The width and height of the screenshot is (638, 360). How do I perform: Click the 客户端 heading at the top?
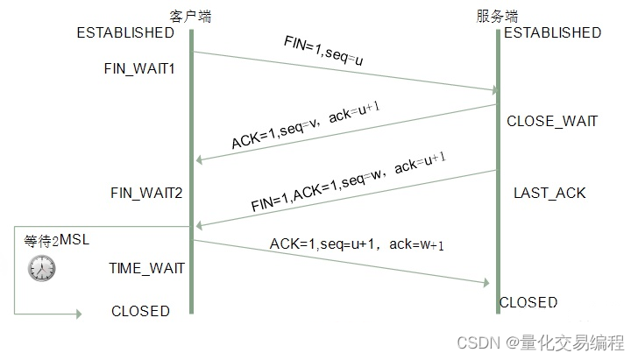tap(190, 16)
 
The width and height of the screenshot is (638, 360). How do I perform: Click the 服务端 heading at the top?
tap(497, 16)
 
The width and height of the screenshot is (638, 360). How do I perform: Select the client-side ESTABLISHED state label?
tap(125, 33)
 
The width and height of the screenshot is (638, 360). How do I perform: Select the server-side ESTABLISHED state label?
tap(552, 33)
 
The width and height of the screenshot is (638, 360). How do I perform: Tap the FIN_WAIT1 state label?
tap(140, 67)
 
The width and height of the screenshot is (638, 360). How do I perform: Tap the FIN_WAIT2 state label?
tap(146, 192)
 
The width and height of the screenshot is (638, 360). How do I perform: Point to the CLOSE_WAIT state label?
tap(552, 122)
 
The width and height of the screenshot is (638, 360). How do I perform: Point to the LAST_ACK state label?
tap(549, 193)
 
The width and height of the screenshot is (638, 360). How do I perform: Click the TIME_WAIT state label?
tap(147, 268)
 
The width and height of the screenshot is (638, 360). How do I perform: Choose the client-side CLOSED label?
tap(140, 311)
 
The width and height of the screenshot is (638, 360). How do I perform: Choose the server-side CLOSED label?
tap(528, 302)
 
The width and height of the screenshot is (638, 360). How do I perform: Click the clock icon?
tap(41, 268)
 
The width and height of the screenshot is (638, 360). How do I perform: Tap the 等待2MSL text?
tap(57, 240)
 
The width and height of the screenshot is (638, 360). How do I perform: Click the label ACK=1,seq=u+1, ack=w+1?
tap(356, 245)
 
